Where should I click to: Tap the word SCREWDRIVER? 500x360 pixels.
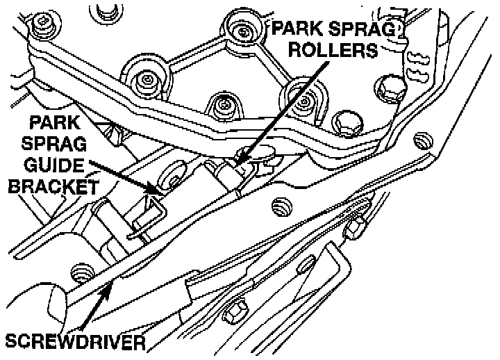tap(75, 341)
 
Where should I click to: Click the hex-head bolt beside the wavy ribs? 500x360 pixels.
tap(387, 87)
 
